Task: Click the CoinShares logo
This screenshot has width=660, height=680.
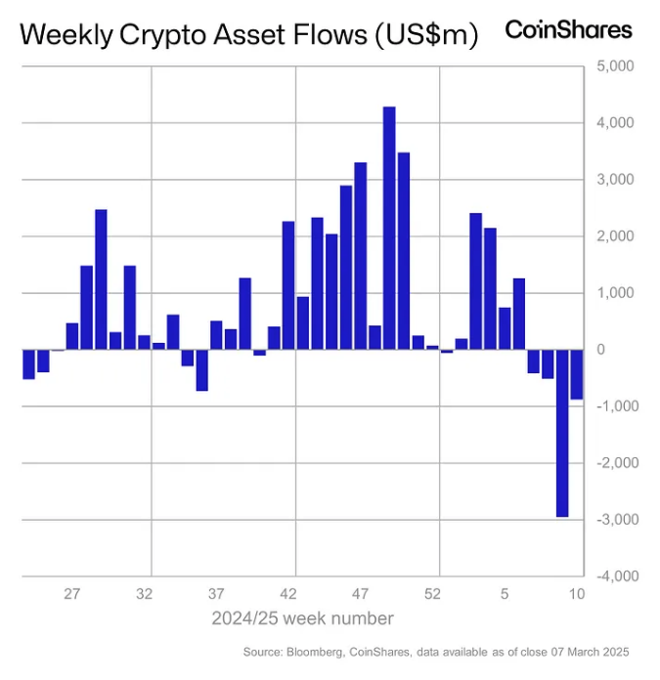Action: pos(568,29)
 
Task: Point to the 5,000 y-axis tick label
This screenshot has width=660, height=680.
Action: pos(614,66)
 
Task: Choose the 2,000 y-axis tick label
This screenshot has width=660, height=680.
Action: pos(614,236)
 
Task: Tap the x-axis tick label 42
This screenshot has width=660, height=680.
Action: pos(288,593)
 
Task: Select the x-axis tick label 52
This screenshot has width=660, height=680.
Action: pos(433,593)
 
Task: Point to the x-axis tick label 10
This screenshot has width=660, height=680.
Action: pos(577,593)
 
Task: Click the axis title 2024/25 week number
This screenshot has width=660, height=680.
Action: pos(303,618)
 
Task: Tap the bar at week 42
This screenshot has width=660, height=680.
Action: pos(288,285)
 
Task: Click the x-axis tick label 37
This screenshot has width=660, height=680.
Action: pos(216,593)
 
